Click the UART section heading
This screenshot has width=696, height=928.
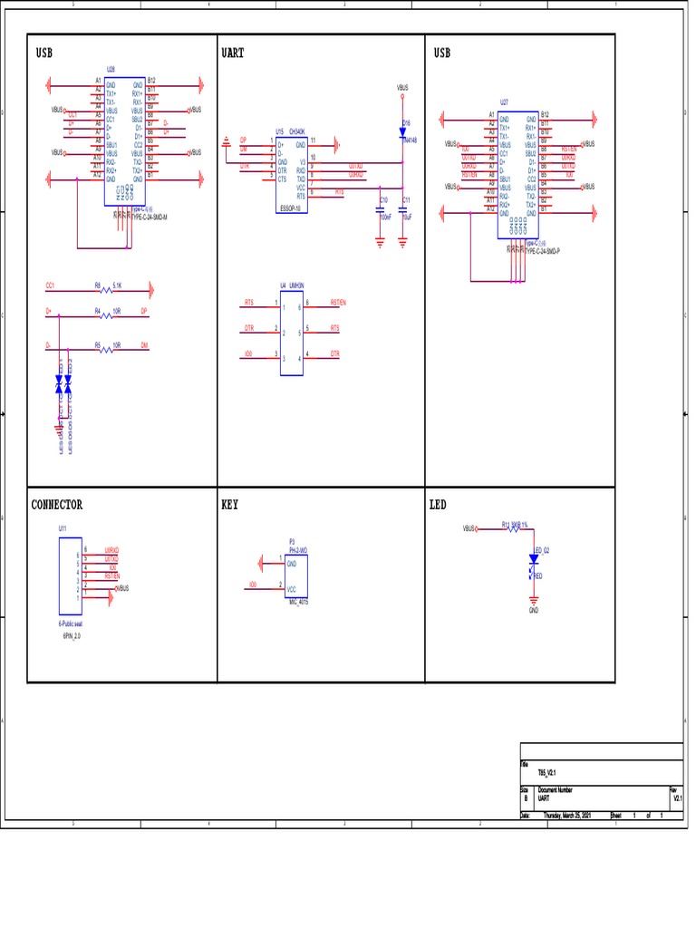[x=232, y=53]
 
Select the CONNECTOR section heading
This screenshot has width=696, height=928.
[x=56, y=505]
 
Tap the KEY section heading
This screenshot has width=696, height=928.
[x=229, y=505]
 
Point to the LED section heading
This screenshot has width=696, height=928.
[x=438, y=505]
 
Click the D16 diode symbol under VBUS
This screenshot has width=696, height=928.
[x=402, y=130]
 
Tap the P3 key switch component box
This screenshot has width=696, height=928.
[x=295, y=575]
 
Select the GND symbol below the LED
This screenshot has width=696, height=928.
[x=534, y=600]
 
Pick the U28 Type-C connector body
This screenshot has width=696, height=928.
[x=125, y=140]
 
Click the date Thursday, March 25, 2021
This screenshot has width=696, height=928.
[x=566, y=816]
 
